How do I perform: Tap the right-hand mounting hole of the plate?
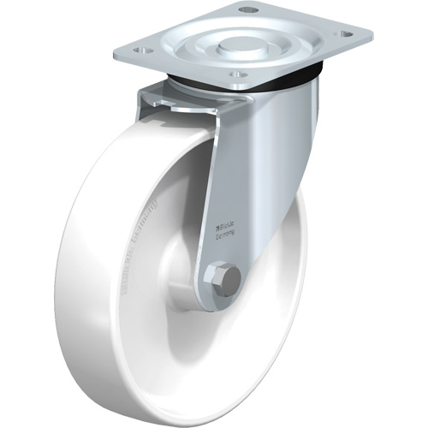coord(346,34)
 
